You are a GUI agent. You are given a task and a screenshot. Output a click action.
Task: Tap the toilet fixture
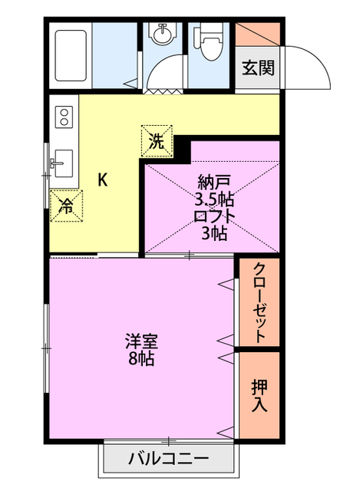pos(207,41)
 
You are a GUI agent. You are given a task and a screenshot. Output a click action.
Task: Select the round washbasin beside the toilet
pos(163,35)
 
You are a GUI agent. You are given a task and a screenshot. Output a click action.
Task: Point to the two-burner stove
pos(64,119)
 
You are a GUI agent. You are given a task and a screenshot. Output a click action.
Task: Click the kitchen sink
pos(63,163)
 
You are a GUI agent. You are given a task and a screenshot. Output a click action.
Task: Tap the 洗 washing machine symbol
pos(157,141)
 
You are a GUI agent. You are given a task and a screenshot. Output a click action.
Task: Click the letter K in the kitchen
pos(102,180)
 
